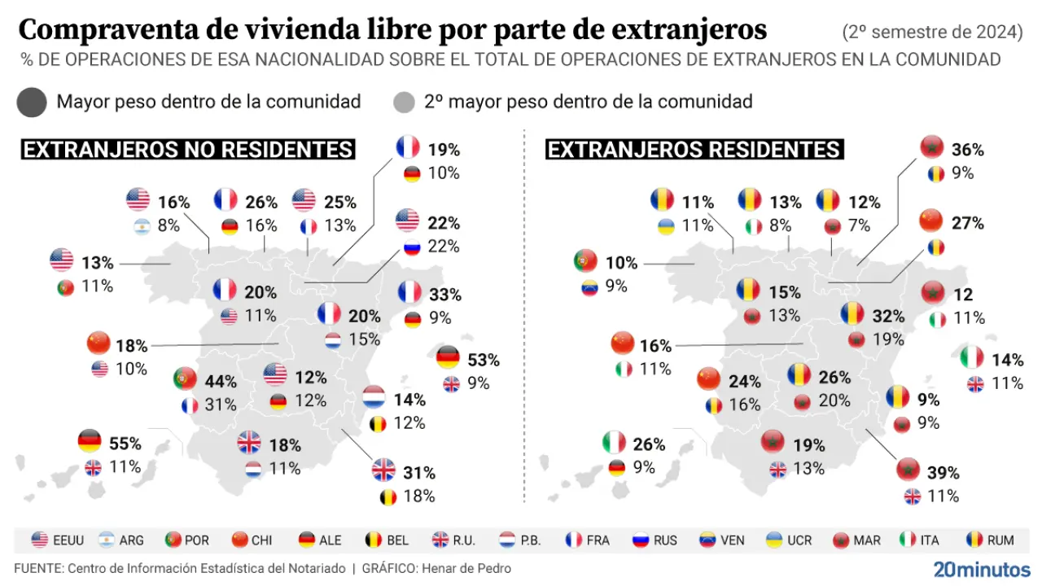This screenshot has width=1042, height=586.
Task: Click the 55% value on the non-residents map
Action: click(125, 444)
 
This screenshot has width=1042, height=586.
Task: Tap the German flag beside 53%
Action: click(448, 358)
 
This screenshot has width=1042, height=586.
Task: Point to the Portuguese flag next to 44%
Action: click(185, 379)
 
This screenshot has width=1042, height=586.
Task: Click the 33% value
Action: click(446, 294)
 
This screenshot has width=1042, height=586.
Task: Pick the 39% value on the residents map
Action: click(943, 472)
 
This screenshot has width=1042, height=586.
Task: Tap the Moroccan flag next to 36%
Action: click(931, 148)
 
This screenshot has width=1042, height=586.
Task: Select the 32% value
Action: click(888, 316)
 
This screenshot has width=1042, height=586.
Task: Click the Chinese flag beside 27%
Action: click(931, 221)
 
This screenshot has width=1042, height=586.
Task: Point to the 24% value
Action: click(744, 381)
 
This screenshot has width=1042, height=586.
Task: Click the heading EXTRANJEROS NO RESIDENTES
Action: click(187, 150)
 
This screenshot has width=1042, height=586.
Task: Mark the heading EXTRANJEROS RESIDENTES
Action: click(694, 150)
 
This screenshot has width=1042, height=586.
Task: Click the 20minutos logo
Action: click(981, 569)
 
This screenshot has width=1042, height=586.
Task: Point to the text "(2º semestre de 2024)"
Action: click(932, 33)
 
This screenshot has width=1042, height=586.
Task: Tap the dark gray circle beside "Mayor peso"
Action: click(31, 103)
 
